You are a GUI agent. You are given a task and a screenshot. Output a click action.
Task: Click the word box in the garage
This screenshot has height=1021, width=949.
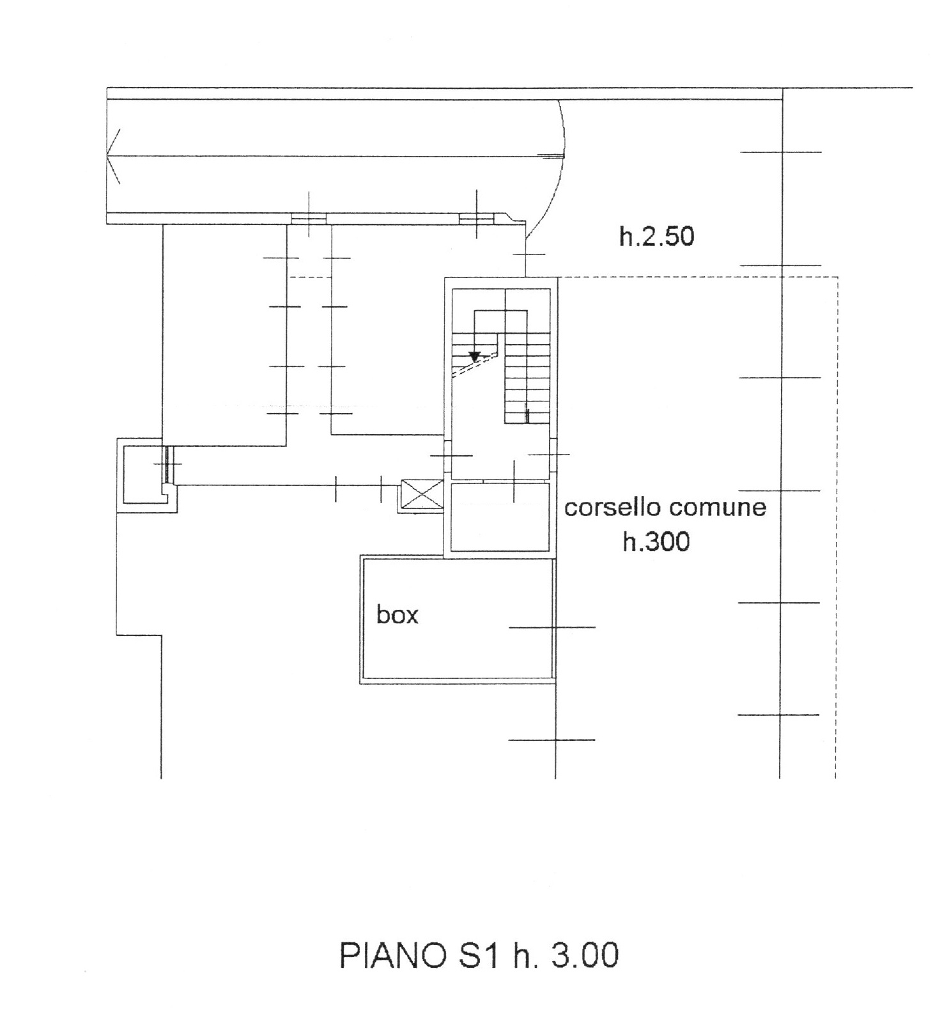click(x=397, y=615)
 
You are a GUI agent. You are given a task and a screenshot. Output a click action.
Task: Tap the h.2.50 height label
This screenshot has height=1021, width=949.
click(x=657, y=237)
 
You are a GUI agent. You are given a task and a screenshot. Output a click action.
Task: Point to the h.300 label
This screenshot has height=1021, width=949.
click(x=656, y=542)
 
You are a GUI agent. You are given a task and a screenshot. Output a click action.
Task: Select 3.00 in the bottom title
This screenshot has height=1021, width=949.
click(x=584, y=957)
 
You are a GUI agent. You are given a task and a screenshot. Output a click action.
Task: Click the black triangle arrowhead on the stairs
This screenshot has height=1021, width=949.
click(x=474, y=357)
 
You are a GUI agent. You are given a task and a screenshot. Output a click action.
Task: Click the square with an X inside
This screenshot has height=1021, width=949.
click(x=421, y=495)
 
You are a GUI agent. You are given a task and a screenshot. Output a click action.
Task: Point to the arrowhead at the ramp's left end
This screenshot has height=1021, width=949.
click(x=114, y=156)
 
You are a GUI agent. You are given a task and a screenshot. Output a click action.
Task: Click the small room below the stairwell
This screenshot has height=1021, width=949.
click(x=500, y=517)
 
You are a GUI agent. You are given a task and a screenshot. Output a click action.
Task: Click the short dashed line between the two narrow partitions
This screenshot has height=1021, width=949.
click(x=310, y=277)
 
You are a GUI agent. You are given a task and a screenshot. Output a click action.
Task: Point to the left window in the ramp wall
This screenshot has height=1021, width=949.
click(x=309, y=219)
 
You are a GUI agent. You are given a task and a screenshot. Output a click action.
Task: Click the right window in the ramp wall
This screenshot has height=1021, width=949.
click(x=477, y=219)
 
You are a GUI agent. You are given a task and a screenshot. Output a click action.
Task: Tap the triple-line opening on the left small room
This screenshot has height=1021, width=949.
click(x=165, y=463)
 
